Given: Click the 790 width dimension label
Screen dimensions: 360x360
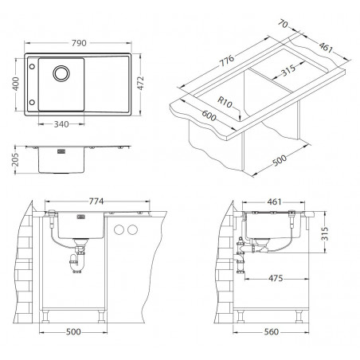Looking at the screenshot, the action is click(x=79, y=43).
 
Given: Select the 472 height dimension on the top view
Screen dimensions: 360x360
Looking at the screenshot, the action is click(x=140, y=83).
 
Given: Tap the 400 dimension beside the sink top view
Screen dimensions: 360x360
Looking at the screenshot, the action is click(x=16, y=84).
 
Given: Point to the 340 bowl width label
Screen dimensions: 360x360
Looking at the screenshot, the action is click(x=61, y=124).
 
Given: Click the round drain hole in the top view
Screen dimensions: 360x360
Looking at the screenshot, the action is click(x=61, y=73).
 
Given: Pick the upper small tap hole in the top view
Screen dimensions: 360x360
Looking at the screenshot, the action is click(x=32, y=66).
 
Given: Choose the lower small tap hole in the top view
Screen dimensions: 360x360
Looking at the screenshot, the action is click(x=32, y=102).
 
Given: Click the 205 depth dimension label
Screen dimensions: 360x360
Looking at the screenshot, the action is click(x=15, y=159).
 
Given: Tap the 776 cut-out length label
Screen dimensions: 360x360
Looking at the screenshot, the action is click(x=226, y=61).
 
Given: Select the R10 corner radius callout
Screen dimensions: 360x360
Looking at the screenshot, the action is click(x=225, y=102).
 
